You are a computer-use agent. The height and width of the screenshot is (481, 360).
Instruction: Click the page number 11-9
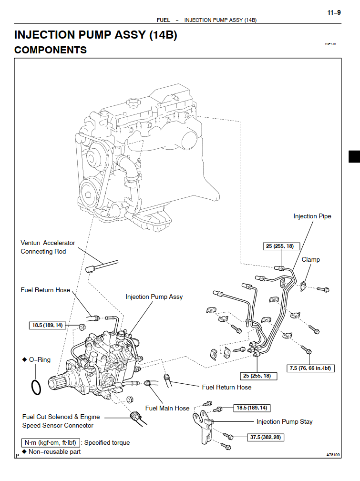334,13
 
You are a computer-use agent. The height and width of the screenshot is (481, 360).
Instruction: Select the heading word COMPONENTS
51,50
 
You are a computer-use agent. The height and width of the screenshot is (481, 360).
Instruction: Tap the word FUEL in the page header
164,20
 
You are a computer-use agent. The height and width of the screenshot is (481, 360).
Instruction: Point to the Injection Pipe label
312,216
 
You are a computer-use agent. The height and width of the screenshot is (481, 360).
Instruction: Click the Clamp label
310,260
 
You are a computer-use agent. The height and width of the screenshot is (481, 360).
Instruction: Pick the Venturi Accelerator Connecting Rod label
48,247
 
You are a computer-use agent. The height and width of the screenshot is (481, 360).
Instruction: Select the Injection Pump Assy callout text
154,297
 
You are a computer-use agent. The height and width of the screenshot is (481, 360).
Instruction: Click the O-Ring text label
39,359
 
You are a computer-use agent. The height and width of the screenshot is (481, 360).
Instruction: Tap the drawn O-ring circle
35,387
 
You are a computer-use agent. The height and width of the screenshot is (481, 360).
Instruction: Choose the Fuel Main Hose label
167,408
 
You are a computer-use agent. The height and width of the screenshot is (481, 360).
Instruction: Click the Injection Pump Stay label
284,421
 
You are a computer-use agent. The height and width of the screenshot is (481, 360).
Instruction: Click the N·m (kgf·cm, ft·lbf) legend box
51,442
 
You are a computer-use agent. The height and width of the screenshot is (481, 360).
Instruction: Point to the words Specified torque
107,442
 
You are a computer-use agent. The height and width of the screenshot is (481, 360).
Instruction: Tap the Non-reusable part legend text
54,451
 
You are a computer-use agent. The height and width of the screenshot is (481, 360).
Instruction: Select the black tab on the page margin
354,156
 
